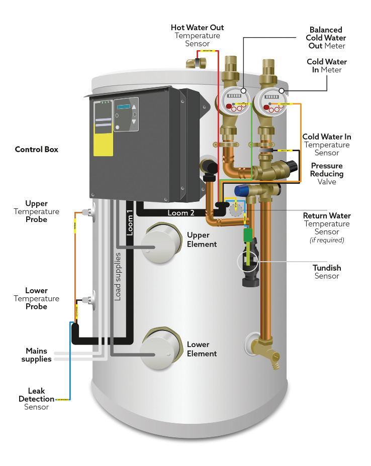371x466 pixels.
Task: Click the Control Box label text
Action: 36,149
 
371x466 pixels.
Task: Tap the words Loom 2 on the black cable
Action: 181,213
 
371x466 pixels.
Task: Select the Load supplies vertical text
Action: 117,277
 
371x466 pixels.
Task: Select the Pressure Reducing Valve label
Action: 327,174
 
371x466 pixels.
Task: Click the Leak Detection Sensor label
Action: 36,399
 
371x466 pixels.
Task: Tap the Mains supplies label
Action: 39,355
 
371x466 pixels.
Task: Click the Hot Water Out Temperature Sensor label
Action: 197,35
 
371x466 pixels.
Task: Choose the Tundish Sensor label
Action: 327,272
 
